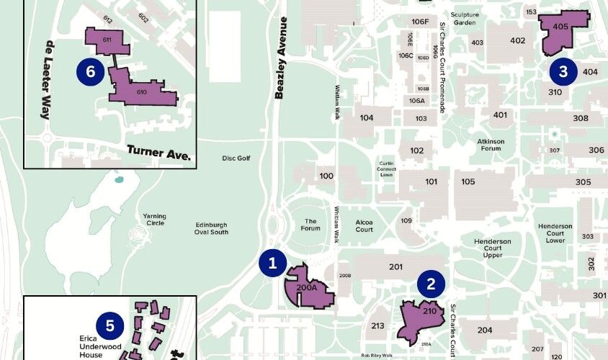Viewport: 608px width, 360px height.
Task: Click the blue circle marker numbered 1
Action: pyautogui.click(x=272, y=264)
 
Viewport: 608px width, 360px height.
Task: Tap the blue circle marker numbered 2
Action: pyautogui.click(x=431, y=284)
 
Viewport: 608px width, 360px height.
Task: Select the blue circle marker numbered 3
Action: pyautogui.click(x=563, y=71)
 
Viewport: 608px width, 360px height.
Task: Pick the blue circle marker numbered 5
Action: pyautogui.click(x=109, y=325)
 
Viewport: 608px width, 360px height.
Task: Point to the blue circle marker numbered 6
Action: pyautogui.click(x=90, y=71)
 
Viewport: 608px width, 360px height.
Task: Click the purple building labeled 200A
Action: pyautogui.click(x=308, y=287)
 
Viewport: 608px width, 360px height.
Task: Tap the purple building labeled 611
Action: pyautogui.click(x=107, y=41)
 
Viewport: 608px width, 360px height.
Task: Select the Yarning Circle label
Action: pyautogui.click(x=154, y=220)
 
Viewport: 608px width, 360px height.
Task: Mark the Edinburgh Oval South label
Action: pyautogui.click(x=212, y=228)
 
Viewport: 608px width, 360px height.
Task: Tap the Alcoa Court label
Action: pyautogui.click(x=365, y=226)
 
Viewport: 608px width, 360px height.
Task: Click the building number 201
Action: pyautogui.click(x=395, y=267)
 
